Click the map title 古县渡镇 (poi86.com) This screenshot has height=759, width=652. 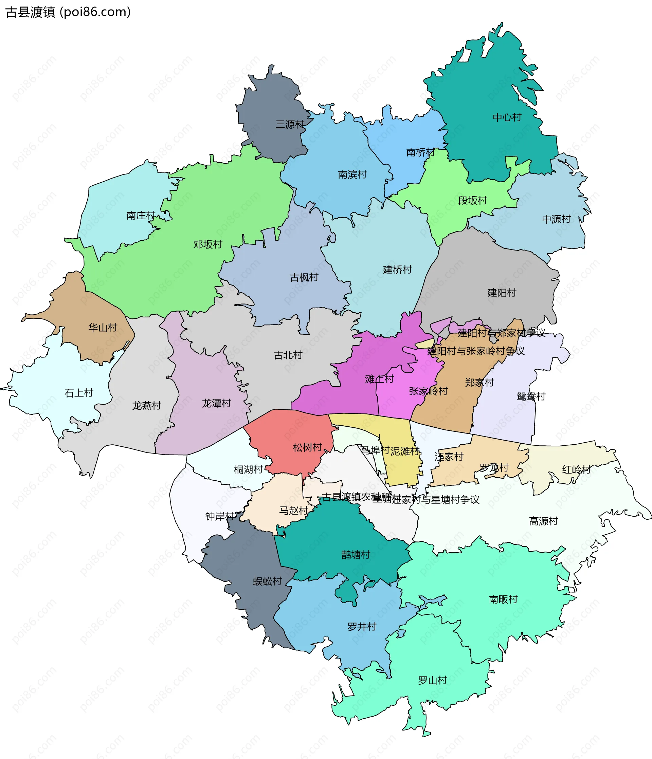click(68, 12)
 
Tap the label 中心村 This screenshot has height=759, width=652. click(507, 117)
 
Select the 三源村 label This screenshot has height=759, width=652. click(290, 125)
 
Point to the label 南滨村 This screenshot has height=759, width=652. click(352, 174)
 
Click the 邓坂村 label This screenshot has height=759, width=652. click(208, 244)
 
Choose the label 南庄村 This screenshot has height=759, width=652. click(141, 216)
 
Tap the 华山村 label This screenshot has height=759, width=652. click(103, 328)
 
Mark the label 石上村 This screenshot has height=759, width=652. click(79, 393)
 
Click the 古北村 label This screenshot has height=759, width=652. click(288, 355)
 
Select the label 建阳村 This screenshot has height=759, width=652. click(501, 293)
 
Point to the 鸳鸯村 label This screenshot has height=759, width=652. click(531, 396)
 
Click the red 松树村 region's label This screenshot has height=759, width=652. click(307, 447)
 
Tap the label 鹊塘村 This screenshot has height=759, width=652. click(356, 555)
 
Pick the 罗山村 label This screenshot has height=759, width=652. click(433, 680)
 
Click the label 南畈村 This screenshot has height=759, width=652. click(503, 599)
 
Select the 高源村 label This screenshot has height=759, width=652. click(543, 521)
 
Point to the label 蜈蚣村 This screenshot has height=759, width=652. click(267, 581)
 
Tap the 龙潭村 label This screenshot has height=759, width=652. click(216, 403)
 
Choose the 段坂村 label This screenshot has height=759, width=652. click(472, 200)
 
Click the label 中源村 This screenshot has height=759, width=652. click(556, 219)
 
